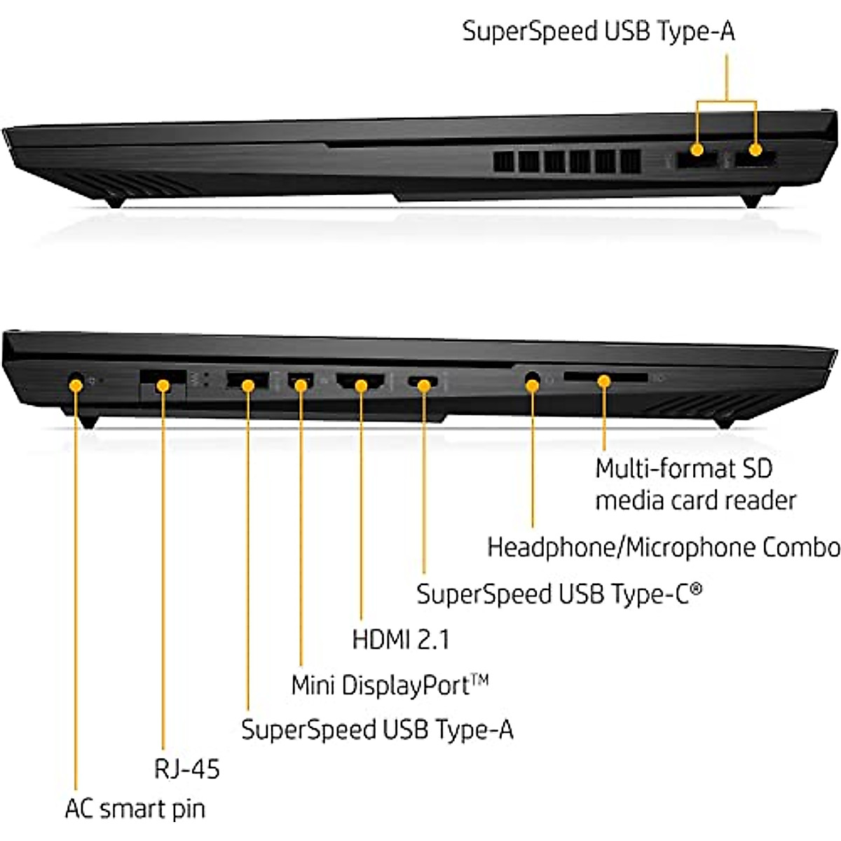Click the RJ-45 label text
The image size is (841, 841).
(x=186, y=769)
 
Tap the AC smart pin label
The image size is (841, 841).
(x=135, y=809)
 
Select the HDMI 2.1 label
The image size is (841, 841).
(x=400, y=639)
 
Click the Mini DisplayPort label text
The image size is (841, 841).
(x=390, y=685)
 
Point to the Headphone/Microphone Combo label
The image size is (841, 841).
(x=663, y=547)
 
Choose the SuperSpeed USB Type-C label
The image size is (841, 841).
(x=559, y=594)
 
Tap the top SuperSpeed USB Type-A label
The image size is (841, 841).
(x=599, y=32)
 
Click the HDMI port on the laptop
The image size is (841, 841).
(x=361, y=383)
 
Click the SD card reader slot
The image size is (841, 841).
(x=605, y=378)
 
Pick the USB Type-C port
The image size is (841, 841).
(x=423, y=383)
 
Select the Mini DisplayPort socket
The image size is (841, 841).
(x=301, y=383)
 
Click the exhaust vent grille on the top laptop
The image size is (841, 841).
(x=566, y=161)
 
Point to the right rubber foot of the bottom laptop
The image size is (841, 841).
(x=724, y=422)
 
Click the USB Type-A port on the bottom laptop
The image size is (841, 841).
(x=247, y=382)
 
